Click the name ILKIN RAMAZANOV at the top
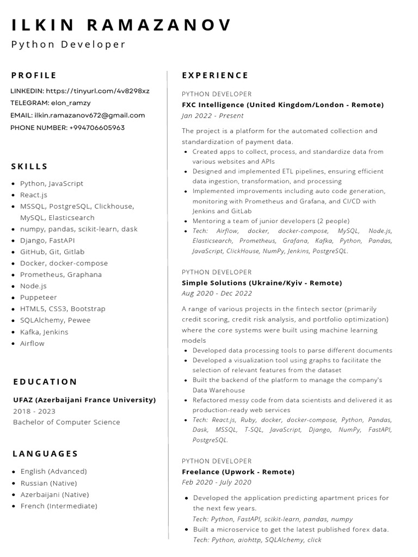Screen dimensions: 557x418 [x=121, y=25]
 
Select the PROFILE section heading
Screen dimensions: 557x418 [x=34, y=76]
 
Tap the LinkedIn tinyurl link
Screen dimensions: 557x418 [x=97, y=91]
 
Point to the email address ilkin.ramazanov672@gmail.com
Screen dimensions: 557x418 [x=90, y=115]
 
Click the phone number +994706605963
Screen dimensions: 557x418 [x=97, y=128]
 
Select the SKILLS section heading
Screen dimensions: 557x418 [x=29, y=166]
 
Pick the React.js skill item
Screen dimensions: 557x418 [x=34, y=195]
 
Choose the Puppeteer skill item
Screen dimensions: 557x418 [x=39, y=298]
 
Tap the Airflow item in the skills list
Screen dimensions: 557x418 [x=33, y=343]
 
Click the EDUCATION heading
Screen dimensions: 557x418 [x=45, y=382]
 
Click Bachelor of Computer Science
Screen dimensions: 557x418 [x=66, y=422]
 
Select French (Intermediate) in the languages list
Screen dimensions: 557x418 [x=59, y=506]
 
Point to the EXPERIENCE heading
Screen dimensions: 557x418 [x=215, y=76]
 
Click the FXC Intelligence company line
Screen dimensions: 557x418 [x=282, y=104]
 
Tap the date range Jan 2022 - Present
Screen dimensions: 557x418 [x=213, y=116]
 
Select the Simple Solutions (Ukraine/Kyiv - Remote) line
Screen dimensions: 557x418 [x=262, y=283]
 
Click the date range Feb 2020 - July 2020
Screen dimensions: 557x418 [x=217, y=482]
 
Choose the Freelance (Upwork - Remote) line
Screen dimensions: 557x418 [x=238, y=472]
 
